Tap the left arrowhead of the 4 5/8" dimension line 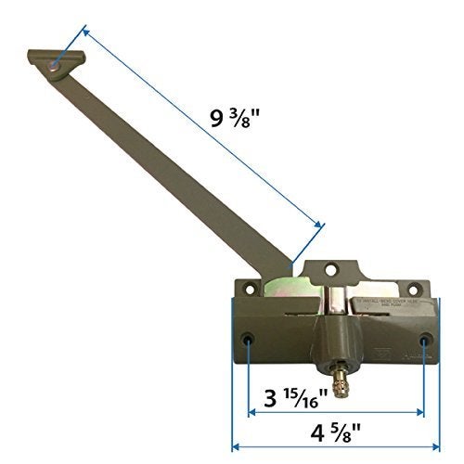pyautogui.click(x=236, y=419)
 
